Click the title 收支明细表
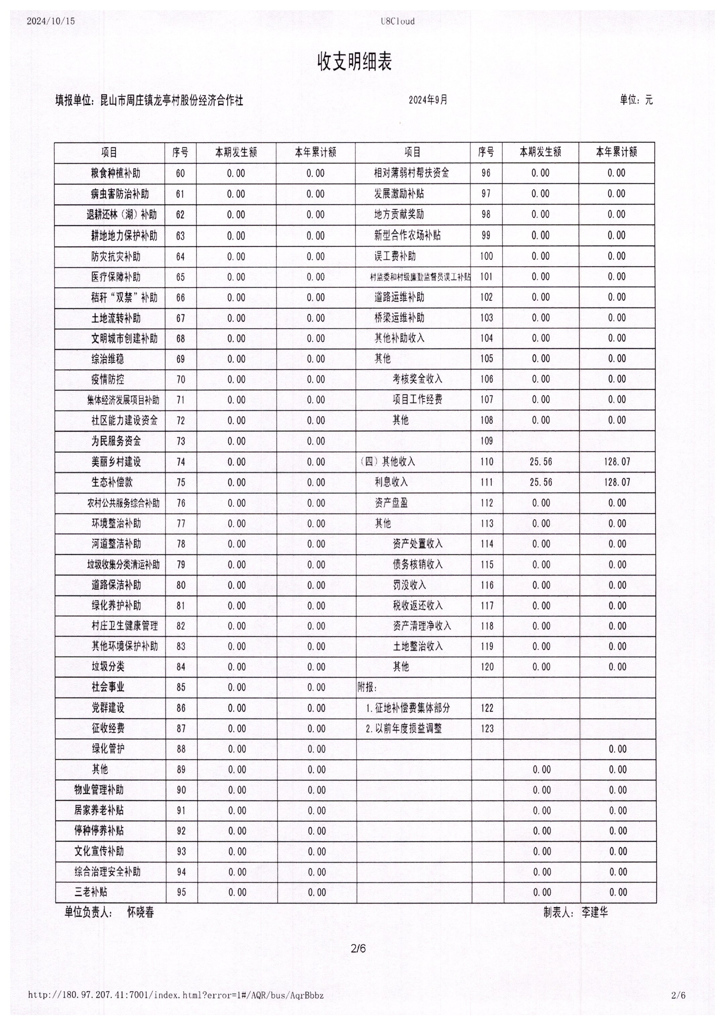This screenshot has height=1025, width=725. pyautogui.click(x=354, y=62)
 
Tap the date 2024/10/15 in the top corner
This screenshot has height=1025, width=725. pyautogui.click(x=51, y=21)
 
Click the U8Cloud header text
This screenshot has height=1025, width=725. pyautogui.click(x=398, y=21)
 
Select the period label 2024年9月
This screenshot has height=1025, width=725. pyautogui.click(x=428, y=100)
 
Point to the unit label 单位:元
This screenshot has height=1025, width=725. pyautogui.click(x=636, y=100)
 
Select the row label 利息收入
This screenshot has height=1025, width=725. pyautogui.click(x=391, y=482)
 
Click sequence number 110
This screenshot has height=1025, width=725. pyautogui.click(x=487, y=462)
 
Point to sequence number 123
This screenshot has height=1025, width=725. pyautogui.click(x=487, y=728)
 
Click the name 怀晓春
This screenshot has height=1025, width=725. pyautogui.click(x=141, y=912)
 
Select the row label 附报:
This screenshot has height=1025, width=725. pyautogui.click(x=368, y=687)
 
